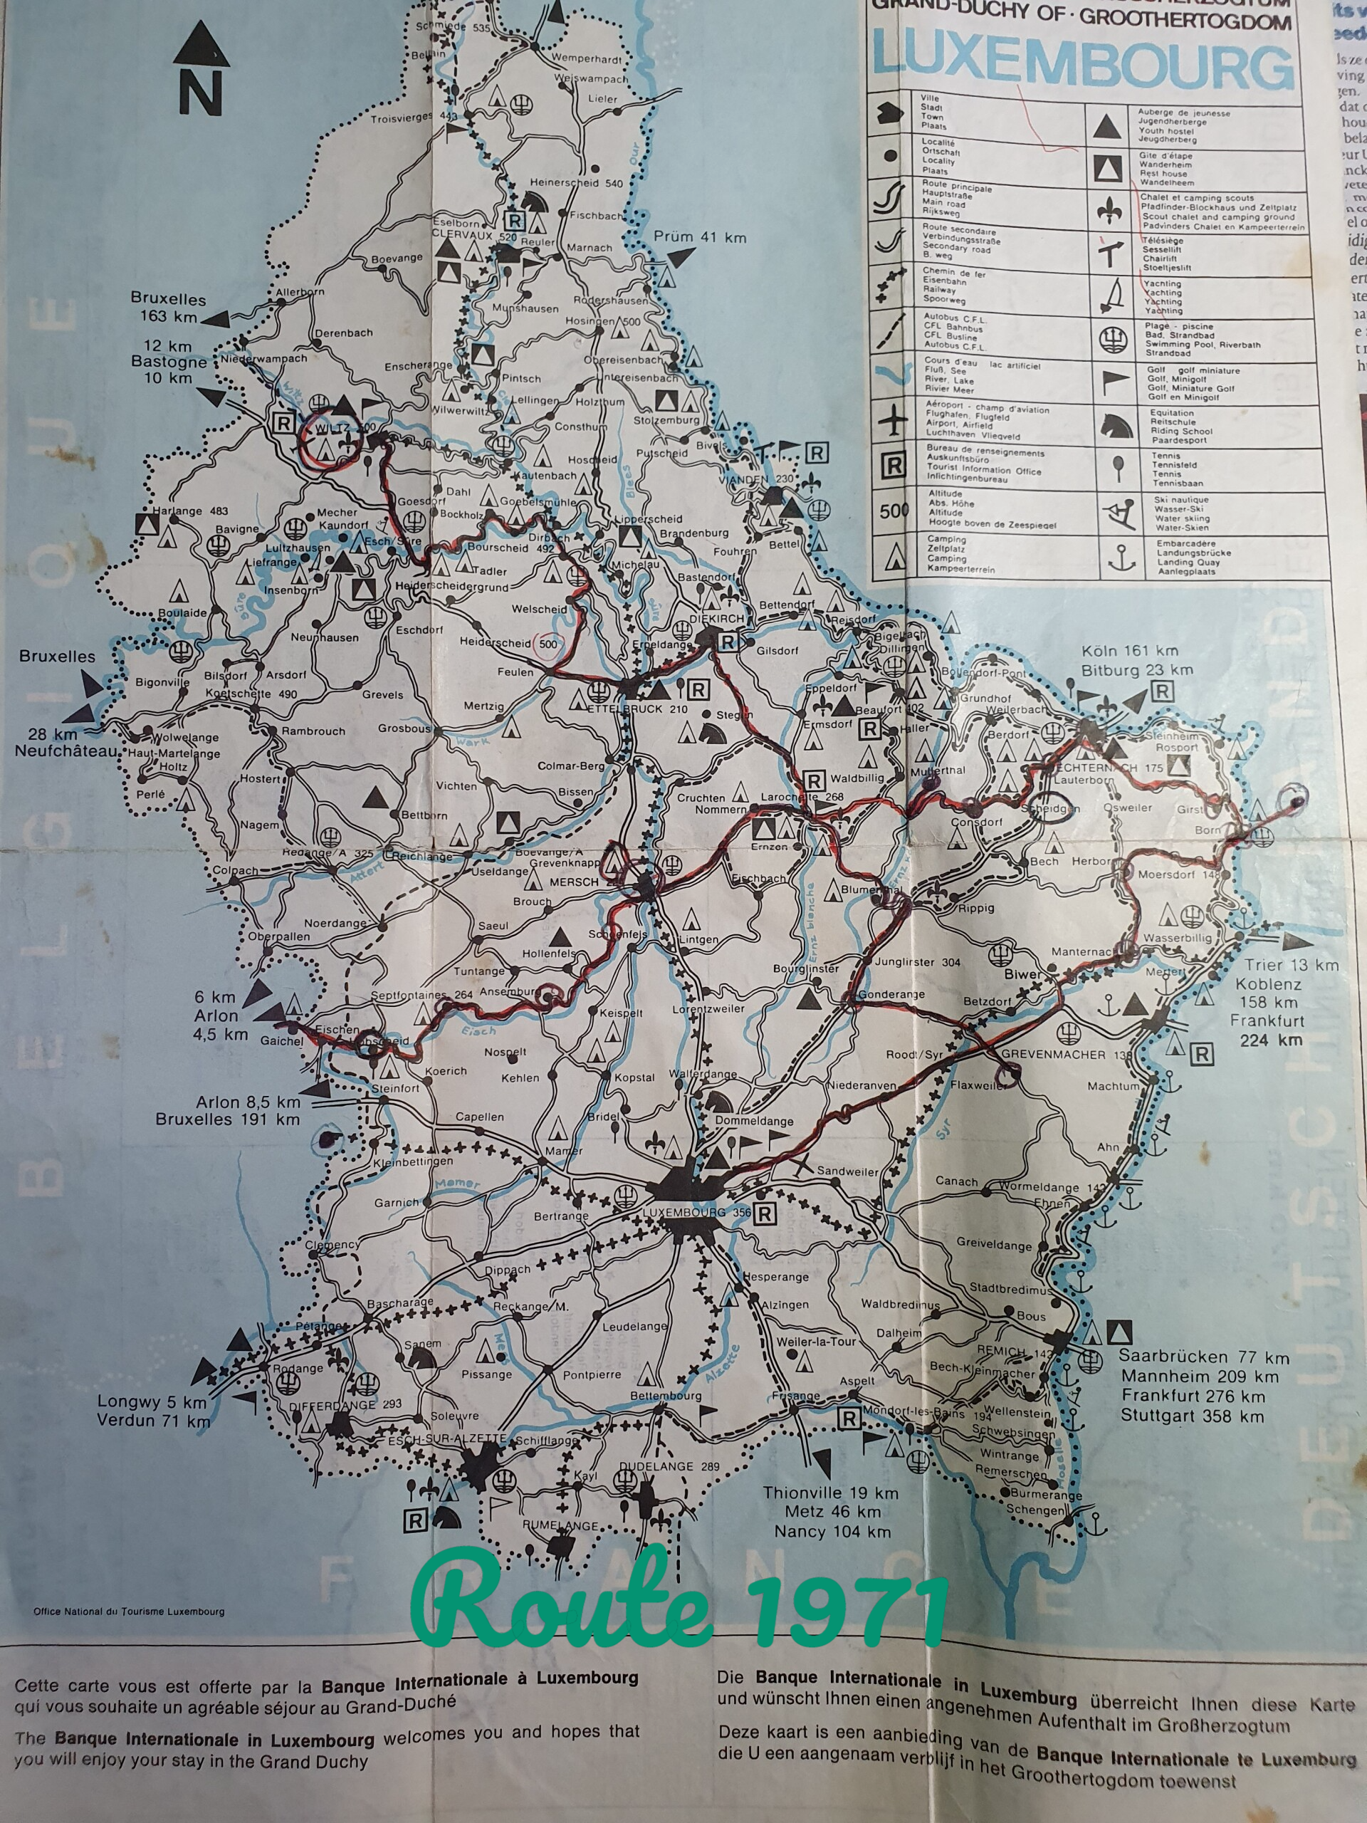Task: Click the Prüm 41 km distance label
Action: (x=700, y=237)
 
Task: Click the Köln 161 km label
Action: (x=1131, y=652)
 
